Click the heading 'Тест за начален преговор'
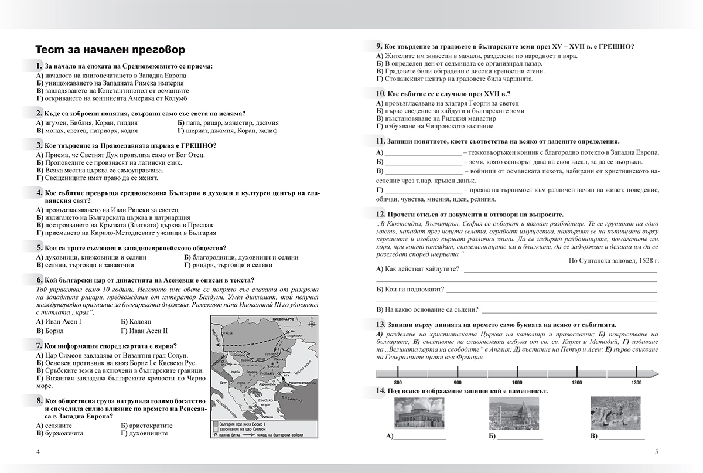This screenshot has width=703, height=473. (x=110, y=49)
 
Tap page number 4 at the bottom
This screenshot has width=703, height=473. (x=38, y=451)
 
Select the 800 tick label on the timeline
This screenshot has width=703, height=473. (x=398, y=382)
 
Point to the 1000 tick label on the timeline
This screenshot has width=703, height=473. (x=517, y=382)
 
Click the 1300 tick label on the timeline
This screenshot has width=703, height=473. (x=636, y=382)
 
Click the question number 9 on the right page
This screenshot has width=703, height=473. (x=380, y=46)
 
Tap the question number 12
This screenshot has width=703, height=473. (x=381, y=215)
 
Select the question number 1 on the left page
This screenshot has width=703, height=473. (x=39, y=66)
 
